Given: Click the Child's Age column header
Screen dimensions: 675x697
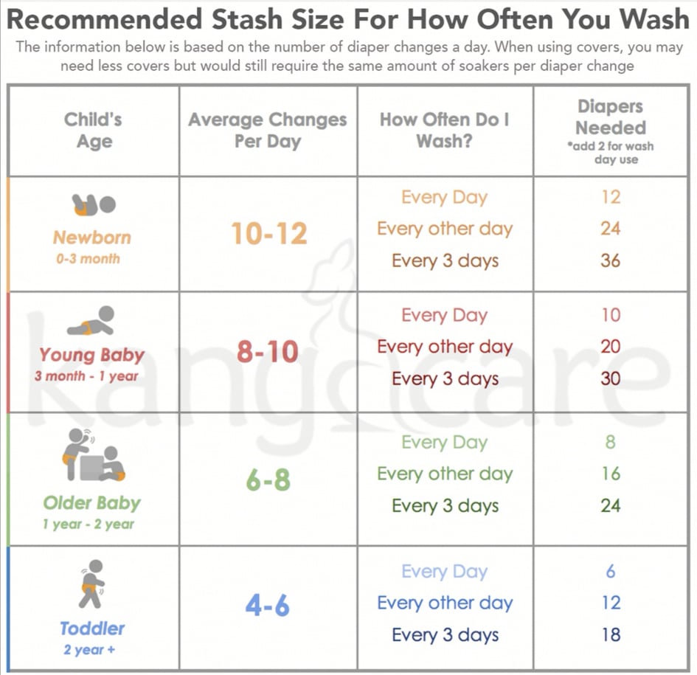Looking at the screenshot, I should click(93, 130).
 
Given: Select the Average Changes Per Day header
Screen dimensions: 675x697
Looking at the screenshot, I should click(267, 130).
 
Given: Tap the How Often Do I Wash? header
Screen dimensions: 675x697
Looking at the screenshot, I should click(445, 130).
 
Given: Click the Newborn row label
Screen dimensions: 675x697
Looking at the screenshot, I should click(91, 238).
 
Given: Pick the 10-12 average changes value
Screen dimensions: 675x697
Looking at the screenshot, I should click(268, 234).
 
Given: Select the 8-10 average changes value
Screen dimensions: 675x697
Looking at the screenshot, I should click(268, 352).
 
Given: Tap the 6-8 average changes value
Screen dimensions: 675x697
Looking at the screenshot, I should click(268, 480).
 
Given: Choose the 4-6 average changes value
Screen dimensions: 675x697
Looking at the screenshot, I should click(268, 606).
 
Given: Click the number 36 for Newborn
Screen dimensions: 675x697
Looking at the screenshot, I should click(610, 260).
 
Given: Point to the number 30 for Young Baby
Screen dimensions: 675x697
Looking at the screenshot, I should click(610, 378).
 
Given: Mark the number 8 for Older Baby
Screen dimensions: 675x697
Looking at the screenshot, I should click(610, 442).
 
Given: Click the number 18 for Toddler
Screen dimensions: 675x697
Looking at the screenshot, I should click(610, 634).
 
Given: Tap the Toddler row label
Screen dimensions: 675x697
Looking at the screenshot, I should click(92, 629).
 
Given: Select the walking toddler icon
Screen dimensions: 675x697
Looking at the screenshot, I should click(92, 583).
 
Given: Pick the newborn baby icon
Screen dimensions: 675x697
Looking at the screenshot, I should click(94, 204).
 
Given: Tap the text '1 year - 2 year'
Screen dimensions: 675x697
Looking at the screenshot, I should click(89, 525).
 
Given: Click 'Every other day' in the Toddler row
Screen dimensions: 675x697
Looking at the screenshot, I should click(445, 603).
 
